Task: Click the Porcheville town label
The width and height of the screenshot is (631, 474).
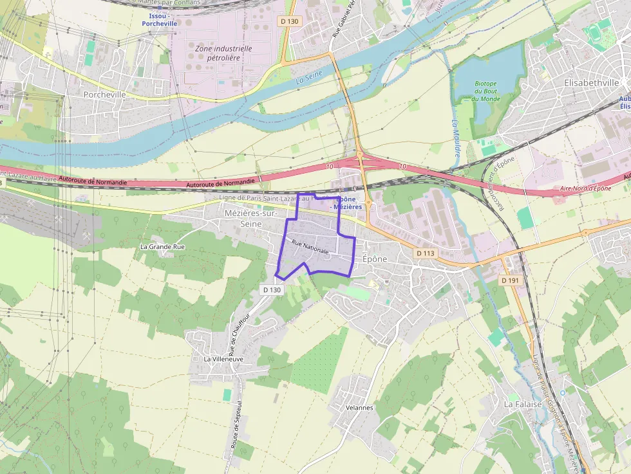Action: click(x=104, y=94)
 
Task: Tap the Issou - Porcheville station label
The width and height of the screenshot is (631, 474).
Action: click(x=159, y=19)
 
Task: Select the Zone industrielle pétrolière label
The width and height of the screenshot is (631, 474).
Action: click(x=223, y=53)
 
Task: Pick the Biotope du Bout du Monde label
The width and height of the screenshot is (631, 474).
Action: click(x=487, y=91)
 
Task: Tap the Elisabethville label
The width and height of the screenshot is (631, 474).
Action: click(x=590, y=83)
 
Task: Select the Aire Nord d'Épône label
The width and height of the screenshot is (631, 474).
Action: click(x=585, y=188)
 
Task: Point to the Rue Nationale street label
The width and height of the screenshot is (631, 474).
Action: click(x=310, y=246)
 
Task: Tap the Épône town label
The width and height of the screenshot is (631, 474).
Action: click(x=375, y=259)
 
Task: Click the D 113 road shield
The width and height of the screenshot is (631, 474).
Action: click(x=425, y=253)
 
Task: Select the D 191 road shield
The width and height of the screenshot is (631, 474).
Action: click(x=510, y=280)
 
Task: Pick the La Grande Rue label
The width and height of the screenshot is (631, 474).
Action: click(x=162, y=246)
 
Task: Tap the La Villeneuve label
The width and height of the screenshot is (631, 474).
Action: click(x=223, y=359)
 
